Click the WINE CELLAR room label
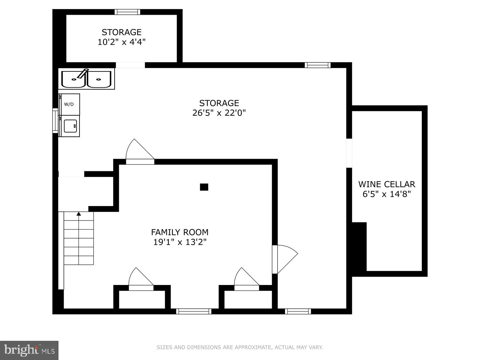[386, 184]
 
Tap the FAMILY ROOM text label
[180, 232]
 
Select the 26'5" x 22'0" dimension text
[219, 113]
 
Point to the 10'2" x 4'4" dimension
[121, 42]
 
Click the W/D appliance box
[69, 104]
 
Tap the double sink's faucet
[83, 73]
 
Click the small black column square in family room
[204, 187]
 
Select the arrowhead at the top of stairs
[79, 214]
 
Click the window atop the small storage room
[127, 12]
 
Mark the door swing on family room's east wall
[285, 259]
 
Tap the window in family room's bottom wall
[193, 311]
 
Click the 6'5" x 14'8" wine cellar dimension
[386, 194]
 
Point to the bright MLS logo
[29, 350]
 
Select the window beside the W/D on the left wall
[55, 121]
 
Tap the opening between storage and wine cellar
[349, 153]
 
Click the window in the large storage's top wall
[317, 65]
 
